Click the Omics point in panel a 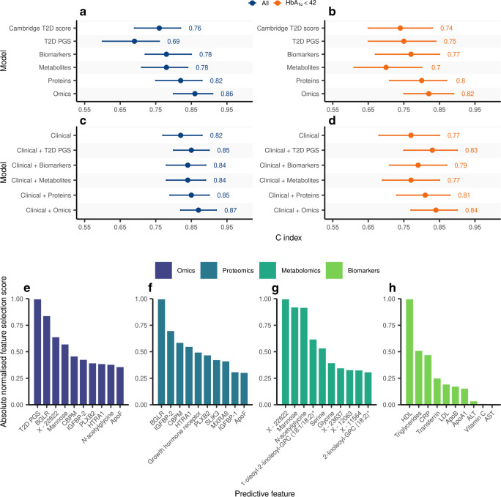(195, 94)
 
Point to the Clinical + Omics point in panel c (198, 210)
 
